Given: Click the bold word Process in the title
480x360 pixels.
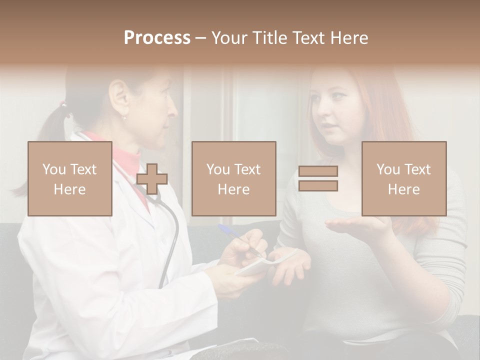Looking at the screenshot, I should click(157, 37).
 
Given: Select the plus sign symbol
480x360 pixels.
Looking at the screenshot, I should click(152, 179).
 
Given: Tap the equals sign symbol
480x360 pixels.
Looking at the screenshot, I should click(318, 178).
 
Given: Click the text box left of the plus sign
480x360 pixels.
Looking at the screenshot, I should click(70, 178).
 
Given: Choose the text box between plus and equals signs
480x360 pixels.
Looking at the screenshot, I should click(233, 178).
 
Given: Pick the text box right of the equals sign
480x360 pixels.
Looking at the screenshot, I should click(403, 178).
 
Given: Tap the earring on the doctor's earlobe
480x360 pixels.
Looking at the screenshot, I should click(123, 117).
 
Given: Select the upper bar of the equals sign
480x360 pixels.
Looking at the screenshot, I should click(318, 171).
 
